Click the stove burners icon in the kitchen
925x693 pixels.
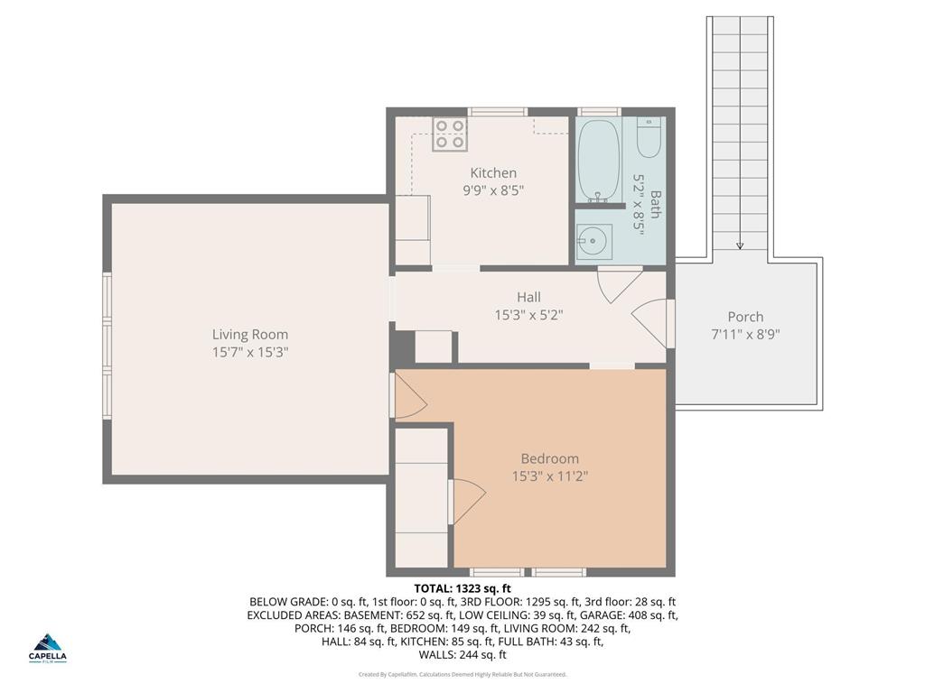pyautogui.click(x=450, y=134)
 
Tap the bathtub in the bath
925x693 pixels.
pyautogui.click(x=598, y=160)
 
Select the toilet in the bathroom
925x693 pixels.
pyautogui.click(x=649, y=136)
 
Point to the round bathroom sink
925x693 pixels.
pyautogui.click(x=593, y=242)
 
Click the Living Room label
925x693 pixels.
pyautogui.click(x=250, y=334)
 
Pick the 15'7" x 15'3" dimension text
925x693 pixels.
pyautogui.click(x=250, y=352)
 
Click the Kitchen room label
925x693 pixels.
pyautogui.click(x=493, y=172)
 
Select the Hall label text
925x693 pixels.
pyautogui.click(x=528, y=297)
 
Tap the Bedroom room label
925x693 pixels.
pyautogui.click(x=549, y=458)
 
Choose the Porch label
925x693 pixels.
pyautogui.click(x=745, y=317)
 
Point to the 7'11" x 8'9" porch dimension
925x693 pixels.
pyautogui.click(x=745, y=334)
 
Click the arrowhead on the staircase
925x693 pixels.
pyautogui.click(x=740, y=245)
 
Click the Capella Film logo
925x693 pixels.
pyautogui.click(x=48, y=647)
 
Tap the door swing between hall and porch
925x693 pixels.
pyautogui.click(x=651, y=323)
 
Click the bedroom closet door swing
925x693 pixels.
pyautogui.click(x=467, y=502)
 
